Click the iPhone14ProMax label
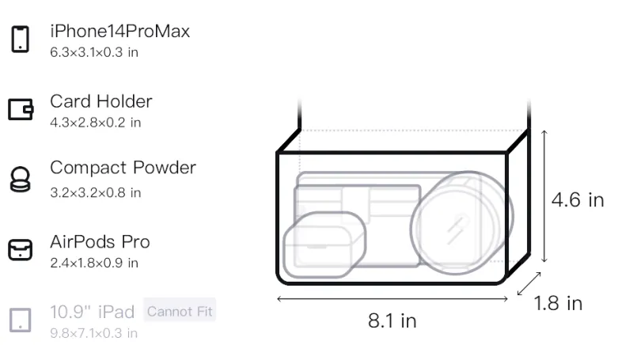(x=120, y=32)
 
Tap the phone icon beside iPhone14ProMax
(x=21, y=39)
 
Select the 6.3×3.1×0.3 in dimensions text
(x=94, y=52)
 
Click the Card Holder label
(x=101, y=101)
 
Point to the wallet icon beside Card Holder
(x=21, y=109)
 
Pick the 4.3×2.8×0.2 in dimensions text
(x=95, y=123)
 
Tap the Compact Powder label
(x=123, y=168)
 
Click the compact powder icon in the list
(x=21, y=179)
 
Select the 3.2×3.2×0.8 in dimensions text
(x=95, y=192)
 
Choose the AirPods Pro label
(x=100, y=242)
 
